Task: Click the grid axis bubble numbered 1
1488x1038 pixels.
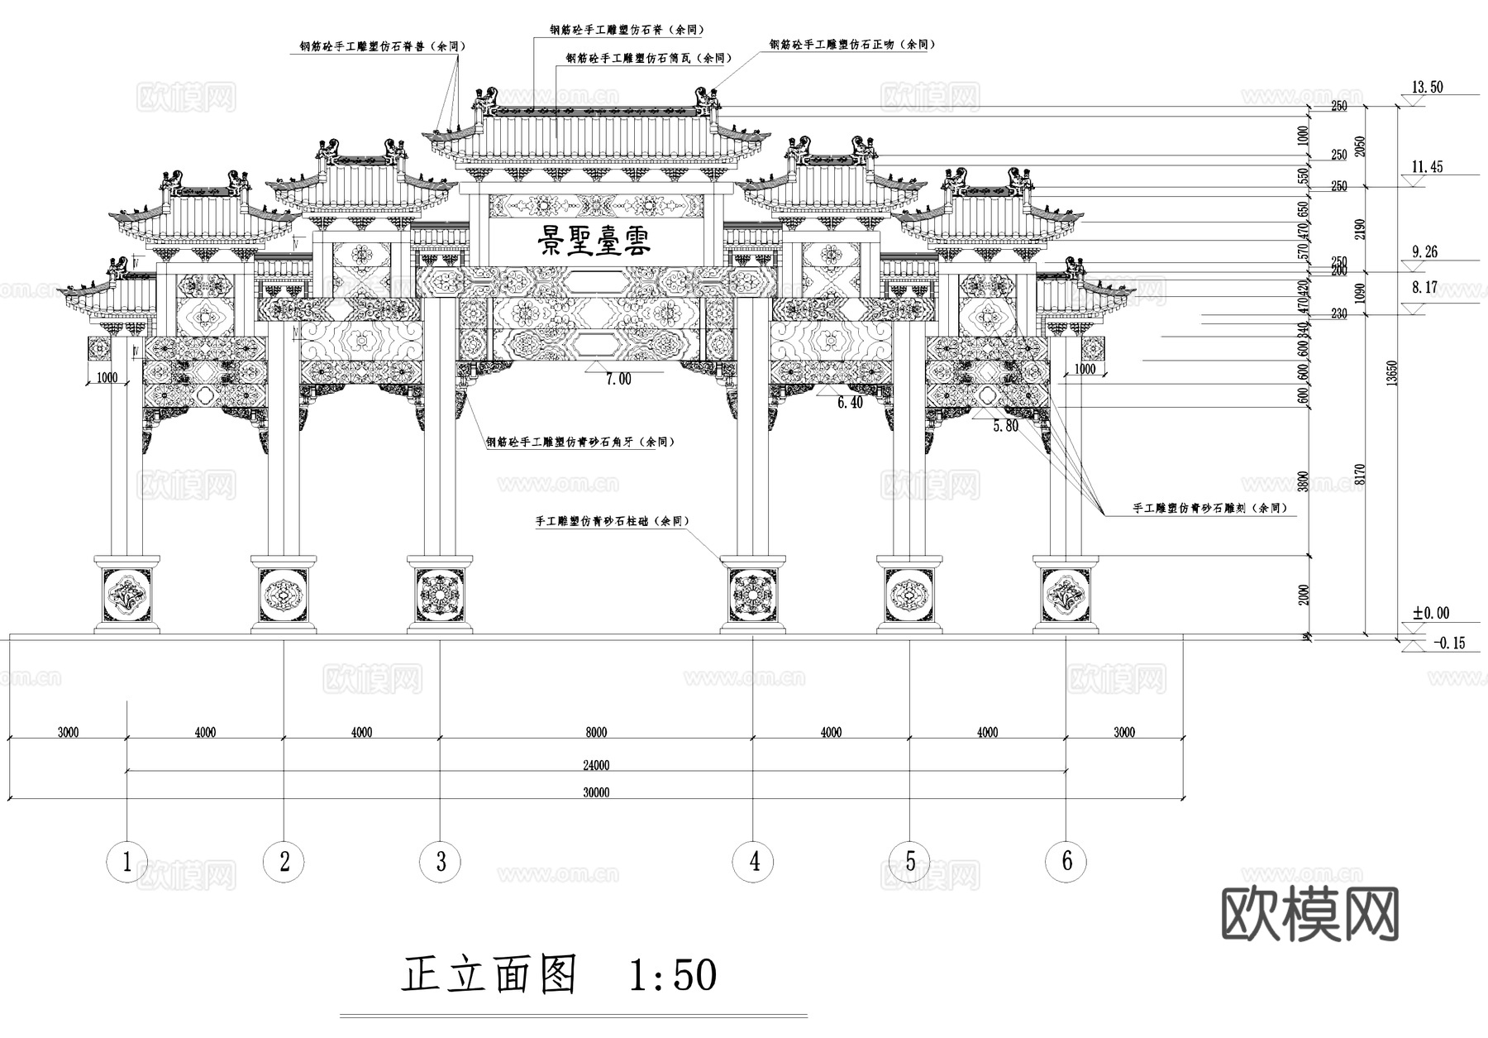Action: pyautogui.click(x=126, y=862)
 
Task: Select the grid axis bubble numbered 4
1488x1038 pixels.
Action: pyautogui.click(x=753, y=862)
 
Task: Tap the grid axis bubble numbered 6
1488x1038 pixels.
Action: pyautogui.click(x=1066, y=861)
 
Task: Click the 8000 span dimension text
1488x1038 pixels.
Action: pyautogui.click(x=596, y=732)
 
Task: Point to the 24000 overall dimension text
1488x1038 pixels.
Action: pyautogui.click(x=596, y=765)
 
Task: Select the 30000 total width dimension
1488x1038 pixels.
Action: pyautogui.click(x=596, y=792)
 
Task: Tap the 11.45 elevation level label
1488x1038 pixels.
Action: pyautogui.click(x=1427, y=167)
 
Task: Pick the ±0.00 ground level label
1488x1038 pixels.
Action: pyautogui.click(x=1430, y=613)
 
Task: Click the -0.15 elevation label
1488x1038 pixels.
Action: pyautogui.click(x=1447, y=643)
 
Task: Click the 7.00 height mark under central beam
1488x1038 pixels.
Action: pyautogui.click(x=618, y=379)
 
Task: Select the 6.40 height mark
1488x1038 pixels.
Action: pyautogui.click(x=850, y=403)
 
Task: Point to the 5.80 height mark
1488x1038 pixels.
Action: pyautogui.click(x=1005, y=426)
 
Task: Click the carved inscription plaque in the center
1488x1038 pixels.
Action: pyautogui.click(x=595, y=242)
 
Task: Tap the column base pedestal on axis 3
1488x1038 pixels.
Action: pyautogui.click(x=440, y=596)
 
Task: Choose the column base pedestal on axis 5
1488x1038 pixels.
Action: pyautogui.click(x=909, y=596)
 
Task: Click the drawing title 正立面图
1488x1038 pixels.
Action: pyautogui.click(x=489, y=974)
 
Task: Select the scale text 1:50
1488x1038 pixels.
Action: pyautogui.click(x=673, y=975)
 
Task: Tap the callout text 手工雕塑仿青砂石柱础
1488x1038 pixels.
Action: pyautogui.click(x=612, y=522)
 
